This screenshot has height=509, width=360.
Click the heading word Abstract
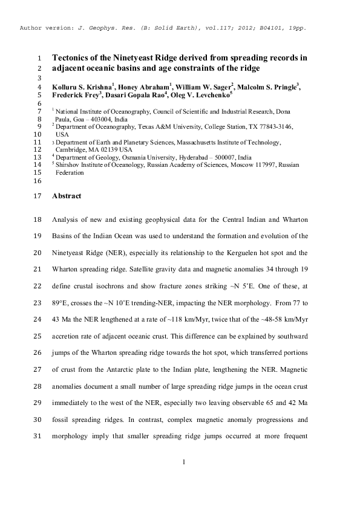click(x=67, y=196)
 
